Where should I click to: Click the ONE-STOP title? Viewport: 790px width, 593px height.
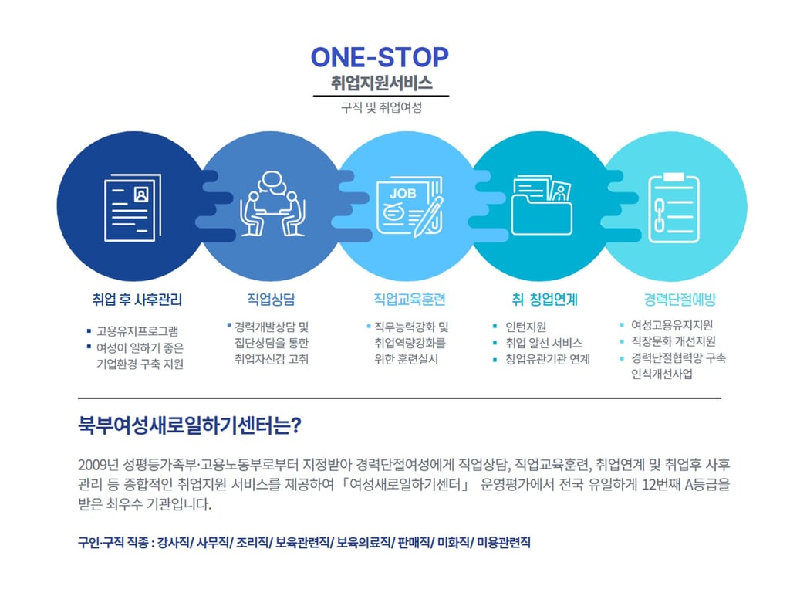click(x=379, y=57)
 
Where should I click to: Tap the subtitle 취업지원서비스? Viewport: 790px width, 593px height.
click(x=380, y=83)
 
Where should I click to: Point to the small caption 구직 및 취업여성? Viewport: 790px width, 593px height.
click(x=381, y=108)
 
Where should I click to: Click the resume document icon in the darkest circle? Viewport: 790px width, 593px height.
click(x=132, y=204)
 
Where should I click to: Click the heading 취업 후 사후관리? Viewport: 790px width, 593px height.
click(x=137, y=300)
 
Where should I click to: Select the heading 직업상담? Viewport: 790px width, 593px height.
click(x=271, y=300)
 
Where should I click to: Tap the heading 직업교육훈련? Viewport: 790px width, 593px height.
click(x=410, y=300)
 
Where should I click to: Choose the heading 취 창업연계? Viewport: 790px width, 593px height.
click(x=544, y=300)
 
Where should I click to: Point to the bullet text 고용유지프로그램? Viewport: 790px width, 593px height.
click(x=137, y=330)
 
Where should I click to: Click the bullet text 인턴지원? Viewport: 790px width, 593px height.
click(x=526, y=327)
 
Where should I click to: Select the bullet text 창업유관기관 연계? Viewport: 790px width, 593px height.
click(x=548, y=360)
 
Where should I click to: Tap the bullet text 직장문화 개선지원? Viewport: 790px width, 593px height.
click(x=673, y=341)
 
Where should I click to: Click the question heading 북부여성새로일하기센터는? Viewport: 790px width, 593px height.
click(x=189, y=425)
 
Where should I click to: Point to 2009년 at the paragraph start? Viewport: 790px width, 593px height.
click(x=96, y=465)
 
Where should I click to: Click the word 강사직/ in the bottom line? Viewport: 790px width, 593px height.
click(x=174, y=543)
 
